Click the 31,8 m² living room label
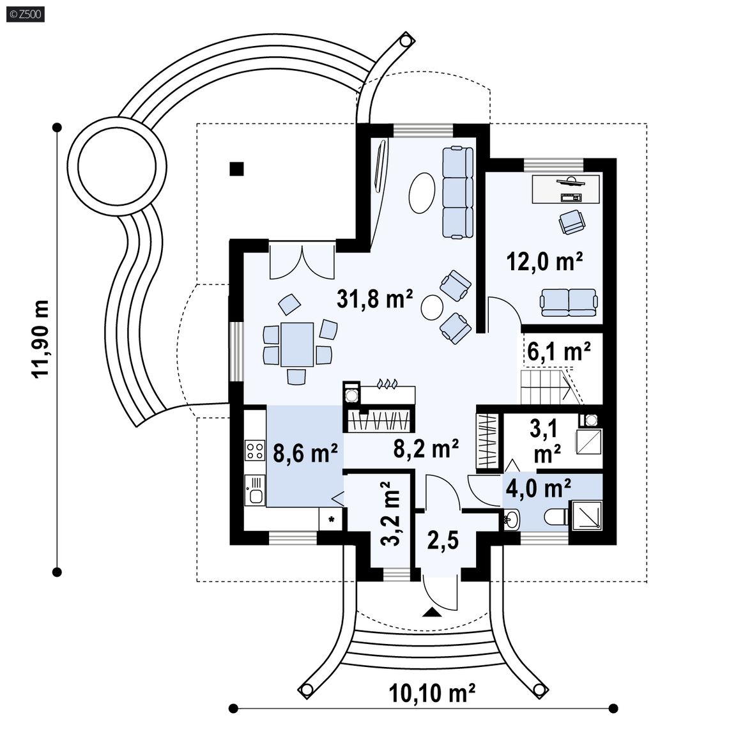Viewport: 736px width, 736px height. [x=374, y=298]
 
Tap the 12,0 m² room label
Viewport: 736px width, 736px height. [x=545, y=261]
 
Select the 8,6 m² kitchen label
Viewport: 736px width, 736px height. [x=305, y=454]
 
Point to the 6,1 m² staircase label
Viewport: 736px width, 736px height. [x=559, y=351]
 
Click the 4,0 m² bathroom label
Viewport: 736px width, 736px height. [x=539, y=488]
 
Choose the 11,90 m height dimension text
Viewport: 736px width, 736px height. [x=40, y=338]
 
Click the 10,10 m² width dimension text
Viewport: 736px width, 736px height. [x=433, y=693]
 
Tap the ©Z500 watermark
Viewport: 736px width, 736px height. [x=26, y=14]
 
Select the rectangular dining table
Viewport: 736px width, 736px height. [x=297, y=344]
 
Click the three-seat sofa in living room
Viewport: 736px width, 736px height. [x=457, y=192]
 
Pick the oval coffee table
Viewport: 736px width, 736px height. [x=421, y=193]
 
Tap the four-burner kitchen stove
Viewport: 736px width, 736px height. [x=255, y=450]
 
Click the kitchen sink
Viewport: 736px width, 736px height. [x=255, y=489]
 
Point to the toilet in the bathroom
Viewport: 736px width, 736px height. [x=556, y=518]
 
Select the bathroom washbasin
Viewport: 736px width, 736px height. [x=512, y=519]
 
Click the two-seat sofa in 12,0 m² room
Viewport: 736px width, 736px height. [x=569, y=302]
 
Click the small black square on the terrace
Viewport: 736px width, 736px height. [x=236, y=169]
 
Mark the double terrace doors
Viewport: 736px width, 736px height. [x=302, y=260]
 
